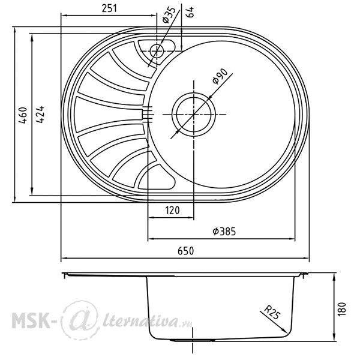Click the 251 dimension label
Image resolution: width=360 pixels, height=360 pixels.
[x=109, y=8]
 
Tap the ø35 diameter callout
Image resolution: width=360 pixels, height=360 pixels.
[x=169, y=15]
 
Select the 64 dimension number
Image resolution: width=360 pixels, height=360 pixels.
[x=190, y=12]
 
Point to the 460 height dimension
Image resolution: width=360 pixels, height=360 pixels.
[x=23, y=115]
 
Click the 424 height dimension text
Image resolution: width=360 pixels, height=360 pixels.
[x=40, y=115]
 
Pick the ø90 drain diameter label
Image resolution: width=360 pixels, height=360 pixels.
[x=220, y=76]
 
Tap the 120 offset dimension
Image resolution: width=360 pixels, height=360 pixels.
[x=172, y=211]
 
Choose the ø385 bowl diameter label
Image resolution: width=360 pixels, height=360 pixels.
[x=224, y=232]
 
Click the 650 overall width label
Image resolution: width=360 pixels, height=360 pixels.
[x=186, y=251]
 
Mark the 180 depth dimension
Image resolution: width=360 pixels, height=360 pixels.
[x=342, y=309]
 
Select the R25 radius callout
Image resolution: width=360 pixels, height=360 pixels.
[x=272, y=312]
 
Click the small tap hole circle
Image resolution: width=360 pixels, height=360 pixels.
[x=157, y=51]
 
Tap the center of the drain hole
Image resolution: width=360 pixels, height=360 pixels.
[x=194, y=115]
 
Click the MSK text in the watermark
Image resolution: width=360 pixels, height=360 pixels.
[x=31, y=320]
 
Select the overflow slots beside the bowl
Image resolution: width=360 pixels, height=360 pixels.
[x=148, y=113]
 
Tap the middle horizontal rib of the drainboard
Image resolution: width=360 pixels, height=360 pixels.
[x=108, y=114]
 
